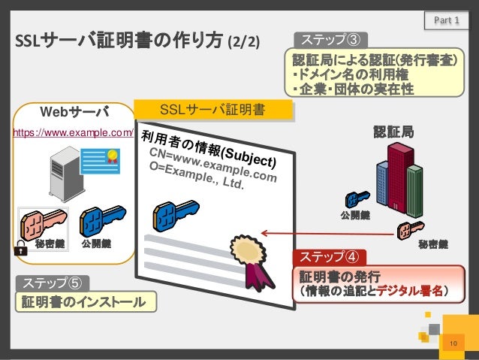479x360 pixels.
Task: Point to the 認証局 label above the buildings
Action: pos(393,132)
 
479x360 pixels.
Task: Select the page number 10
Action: pos(452,343)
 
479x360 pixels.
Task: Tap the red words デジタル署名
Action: pos(410,290)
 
